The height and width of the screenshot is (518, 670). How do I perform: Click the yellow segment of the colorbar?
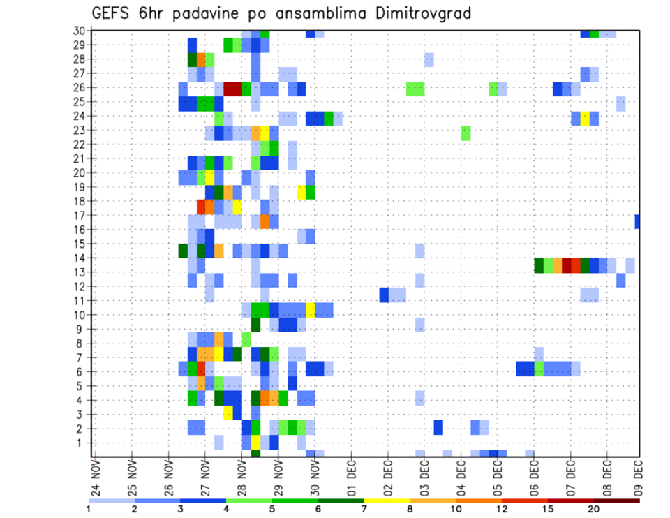(x=387, y=501)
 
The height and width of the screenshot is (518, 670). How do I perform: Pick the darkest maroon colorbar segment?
(x=617, y=501)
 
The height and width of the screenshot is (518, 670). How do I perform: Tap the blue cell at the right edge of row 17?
(x=637, y=221)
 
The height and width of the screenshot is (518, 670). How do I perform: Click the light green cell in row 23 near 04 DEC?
(x=466, y=132)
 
